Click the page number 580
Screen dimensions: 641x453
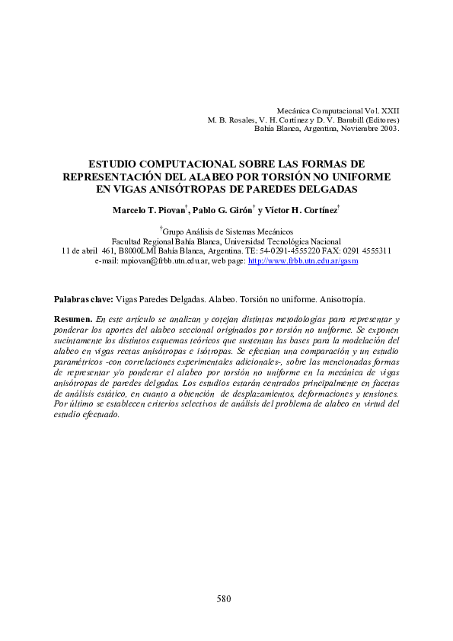224,599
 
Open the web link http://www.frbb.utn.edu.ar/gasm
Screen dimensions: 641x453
303,260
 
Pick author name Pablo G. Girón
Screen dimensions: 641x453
222,210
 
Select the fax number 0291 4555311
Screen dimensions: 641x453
368,250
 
